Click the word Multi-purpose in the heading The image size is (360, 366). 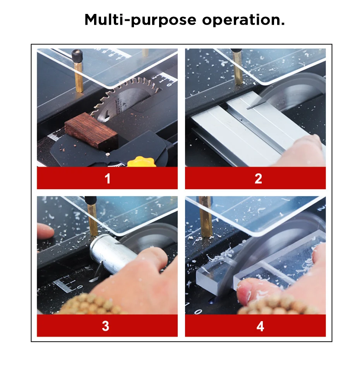point(140,20)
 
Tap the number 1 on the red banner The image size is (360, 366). point(108,179)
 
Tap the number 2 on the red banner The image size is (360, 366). point(258,179)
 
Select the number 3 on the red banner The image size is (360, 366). point(106,326)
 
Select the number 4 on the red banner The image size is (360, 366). point(260,326)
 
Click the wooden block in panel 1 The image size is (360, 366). point(91,130)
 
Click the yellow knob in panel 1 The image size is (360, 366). point(141,162)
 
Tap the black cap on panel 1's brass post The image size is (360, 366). point(77,56)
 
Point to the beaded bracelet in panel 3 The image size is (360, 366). point(93,304)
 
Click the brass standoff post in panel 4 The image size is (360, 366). point(206,217)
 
